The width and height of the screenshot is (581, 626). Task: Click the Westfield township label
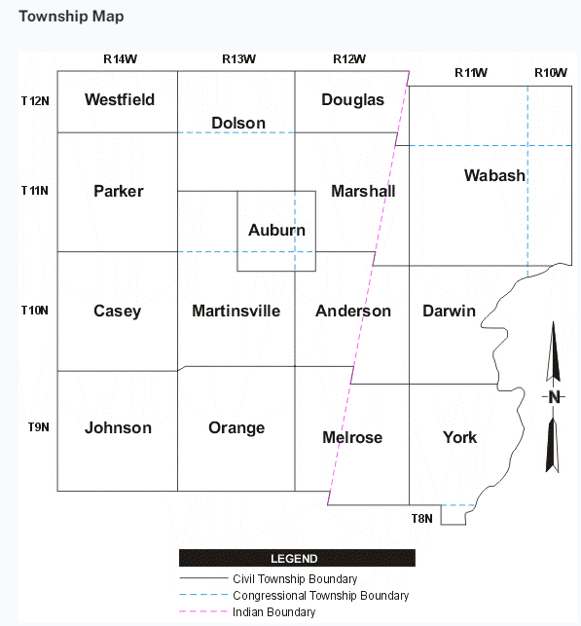(120, 99)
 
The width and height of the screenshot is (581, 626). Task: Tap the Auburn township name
(276, 230)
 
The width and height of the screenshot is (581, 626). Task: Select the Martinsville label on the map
(236, 311)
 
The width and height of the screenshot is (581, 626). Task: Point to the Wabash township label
(494, 175)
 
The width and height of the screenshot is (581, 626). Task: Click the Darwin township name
(449, 311)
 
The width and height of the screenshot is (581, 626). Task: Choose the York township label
(459, 437)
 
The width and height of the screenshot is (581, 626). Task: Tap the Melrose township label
(352, 437)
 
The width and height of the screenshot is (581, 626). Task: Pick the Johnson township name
(118, 427)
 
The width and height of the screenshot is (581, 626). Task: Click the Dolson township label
(238, 123)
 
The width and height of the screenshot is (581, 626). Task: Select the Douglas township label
(352, 100)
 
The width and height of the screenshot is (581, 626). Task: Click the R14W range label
(120, 59)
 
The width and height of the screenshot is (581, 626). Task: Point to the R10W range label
(551, 73)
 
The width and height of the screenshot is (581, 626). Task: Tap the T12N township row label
(35, 101)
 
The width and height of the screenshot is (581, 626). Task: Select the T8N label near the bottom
(421, 519)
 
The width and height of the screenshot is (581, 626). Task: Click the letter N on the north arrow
(554, 397)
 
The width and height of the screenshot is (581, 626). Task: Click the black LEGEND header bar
(297, 558)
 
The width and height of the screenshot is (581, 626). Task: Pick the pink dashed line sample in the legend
(203, 611)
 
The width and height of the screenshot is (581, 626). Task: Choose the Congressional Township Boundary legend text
(321, 596)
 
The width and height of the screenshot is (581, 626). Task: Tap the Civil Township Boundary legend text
(295, 579)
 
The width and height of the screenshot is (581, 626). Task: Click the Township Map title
(71, 17)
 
